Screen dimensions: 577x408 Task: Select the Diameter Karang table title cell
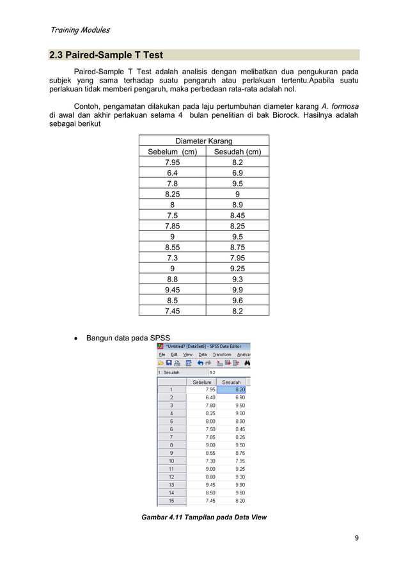click(x=203, y=141)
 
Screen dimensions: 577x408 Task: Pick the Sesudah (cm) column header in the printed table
click(x=237, y=152)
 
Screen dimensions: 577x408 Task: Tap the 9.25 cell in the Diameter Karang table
click(x=237, y=268)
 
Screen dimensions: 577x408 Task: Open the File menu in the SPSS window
click(x=162, y=354)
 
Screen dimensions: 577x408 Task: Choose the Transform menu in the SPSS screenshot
click(x=222, y=354)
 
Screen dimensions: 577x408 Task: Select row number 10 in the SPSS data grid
click(x=171, y=460)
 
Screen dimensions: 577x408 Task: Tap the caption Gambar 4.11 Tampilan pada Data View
click(x=204, y=517)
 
